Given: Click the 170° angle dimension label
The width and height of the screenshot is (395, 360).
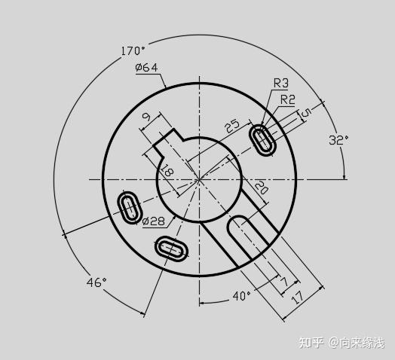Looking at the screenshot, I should [132, 52].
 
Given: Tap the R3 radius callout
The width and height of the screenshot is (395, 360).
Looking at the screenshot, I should [281, 83].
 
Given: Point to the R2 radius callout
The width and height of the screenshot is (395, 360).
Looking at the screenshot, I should [287, 99].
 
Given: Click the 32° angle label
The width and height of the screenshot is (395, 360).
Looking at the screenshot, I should [338, 139].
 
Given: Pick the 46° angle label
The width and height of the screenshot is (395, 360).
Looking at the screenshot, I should [96, 282].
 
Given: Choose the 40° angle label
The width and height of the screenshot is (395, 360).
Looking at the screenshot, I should [240, 296].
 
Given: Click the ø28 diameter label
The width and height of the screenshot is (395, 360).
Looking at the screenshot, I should [153, 221].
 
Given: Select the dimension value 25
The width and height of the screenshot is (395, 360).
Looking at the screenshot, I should [232, 124].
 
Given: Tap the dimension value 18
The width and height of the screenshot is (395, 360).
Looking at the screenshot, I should [167, 172].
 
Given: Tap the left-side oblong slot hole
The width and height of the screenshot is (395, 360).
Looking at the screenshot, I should [130, 207].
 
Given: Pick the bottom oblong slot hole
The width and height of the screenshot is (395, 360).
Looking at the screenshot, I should [173, 248].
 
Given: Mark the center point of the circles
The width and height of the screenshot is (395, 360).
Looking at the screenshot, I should [200, 179].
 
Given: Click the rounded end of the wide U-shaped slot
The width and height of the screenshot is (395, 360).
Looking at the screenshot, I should [240, 224].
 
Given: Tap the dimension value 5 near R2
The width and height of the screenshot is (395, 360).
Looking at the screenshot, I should [306, 114].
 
